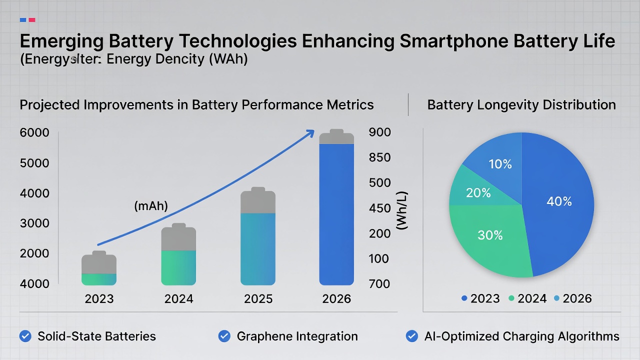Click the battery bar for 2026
coord(336,210)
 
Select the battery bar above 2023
coord(99,270)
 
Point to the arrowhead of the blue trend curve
coord(310,133)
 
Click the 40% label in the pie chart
coord(559,201)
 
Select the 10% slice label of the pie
coord(500,163)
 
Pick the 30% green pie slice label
coord(490,235)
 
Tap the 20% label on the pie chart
coord(478,193)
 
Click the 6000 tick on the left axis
coord(34,133)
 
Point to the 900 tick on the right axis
coord(379,132)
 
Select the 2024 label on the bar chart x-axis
coord(178,299)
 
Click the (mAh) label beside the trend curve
coord(151,205)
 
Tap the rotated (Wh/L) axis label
coord(401,210)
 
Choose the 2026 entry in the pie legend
coord(577,298)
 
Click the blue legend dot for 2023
coord(464,298)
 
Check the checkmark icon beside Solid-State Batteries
coord(25,336)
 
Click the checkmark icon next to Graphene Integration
coord(224,336)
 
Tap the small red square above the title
coord(32,20)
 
